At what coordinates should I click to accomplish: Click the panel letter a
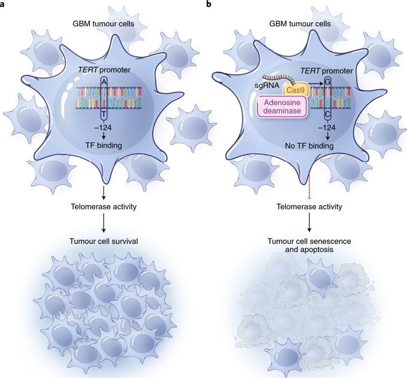pos(4,5)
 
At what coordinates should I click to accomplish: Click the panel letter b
pos(208,5)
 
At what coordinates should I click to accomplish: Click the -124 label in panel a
pos(105,126)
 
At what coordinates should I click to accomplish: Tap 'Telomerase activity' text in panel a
pos(105,207)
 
